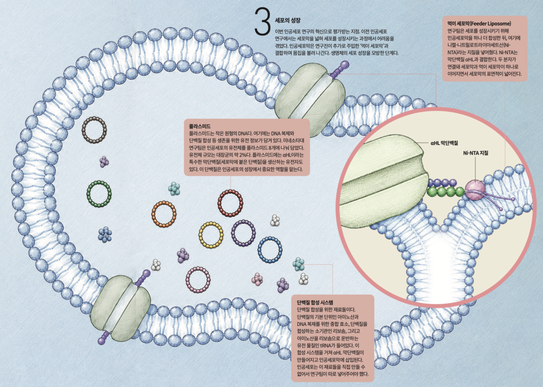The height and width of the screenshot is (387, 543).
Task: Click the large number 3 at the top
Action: pos(262,22)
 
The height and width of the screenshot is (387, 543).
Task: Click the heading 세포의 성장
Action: pos(287,21)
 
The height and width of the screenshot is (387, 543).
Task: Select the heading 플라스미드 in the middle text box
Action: pos(199,126)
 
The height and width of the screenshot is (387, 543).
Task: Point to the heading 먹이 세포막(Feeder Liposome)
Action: pos(479,23)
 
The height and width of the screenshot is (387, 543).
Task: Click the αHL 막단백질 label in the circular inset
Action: pos(444,142)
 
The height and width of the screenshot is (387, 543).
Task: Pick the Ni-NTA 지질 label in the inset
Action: pos(476,153)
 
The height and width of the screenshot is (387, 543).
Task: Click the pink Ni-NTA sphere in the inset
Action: pos(475,190)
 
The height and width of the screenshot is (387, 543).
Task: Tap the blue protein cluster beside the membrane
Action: pos(105,234)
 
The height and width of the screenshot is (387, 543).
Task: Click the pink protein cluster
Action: pos(257,279)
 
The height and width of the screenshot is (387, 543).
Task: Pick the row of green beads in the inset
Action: pos(446,192)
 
